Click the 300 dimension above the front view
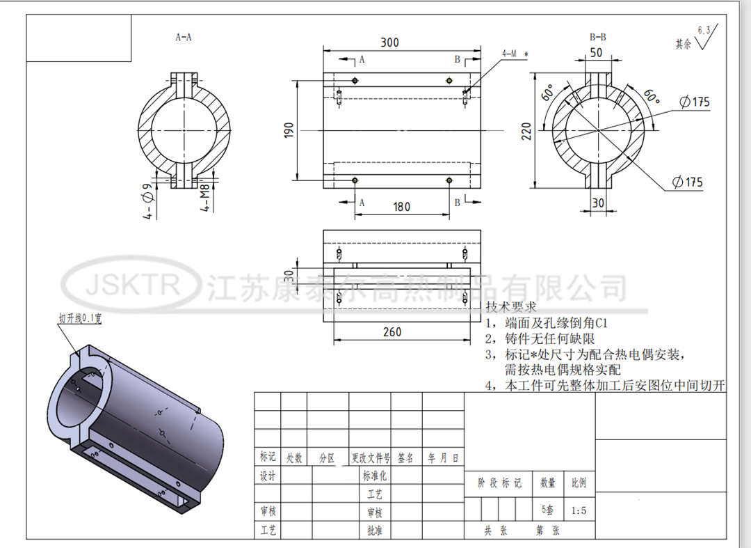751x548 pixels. click(x=389, y=42)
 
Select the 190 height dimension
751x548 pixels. click(x=289, y=130)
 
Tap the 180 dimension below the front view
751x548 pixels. click(x=401, y=207)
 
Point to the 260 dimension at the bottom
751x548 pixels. click(x=392, y=331)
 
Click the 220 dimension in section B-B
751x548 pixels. click(x=526, y=130)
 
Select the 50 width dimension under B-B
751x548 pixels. click(x=596, y=53)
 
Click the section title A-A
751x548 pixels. click(x=184, y=37)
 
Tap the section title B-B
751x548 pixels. click(x=597, y=37)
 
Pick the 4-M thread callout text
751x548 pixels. click(x=514, y=53)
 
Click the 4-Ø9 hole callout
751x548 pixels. click(x=147, y=202)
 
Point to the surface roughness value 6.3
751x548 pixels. click(x=703, y=30)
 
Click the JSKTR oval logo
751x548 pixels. click(x=132, y=285)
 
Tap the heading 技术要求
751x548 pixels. click(x=510, y=307)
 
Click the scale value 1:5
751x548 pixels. click(x=579, y=510)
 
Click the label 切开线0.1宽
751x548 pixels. click(x=81, y=318)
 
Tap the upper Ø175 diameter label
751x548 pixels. click(x=695, y=102)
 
